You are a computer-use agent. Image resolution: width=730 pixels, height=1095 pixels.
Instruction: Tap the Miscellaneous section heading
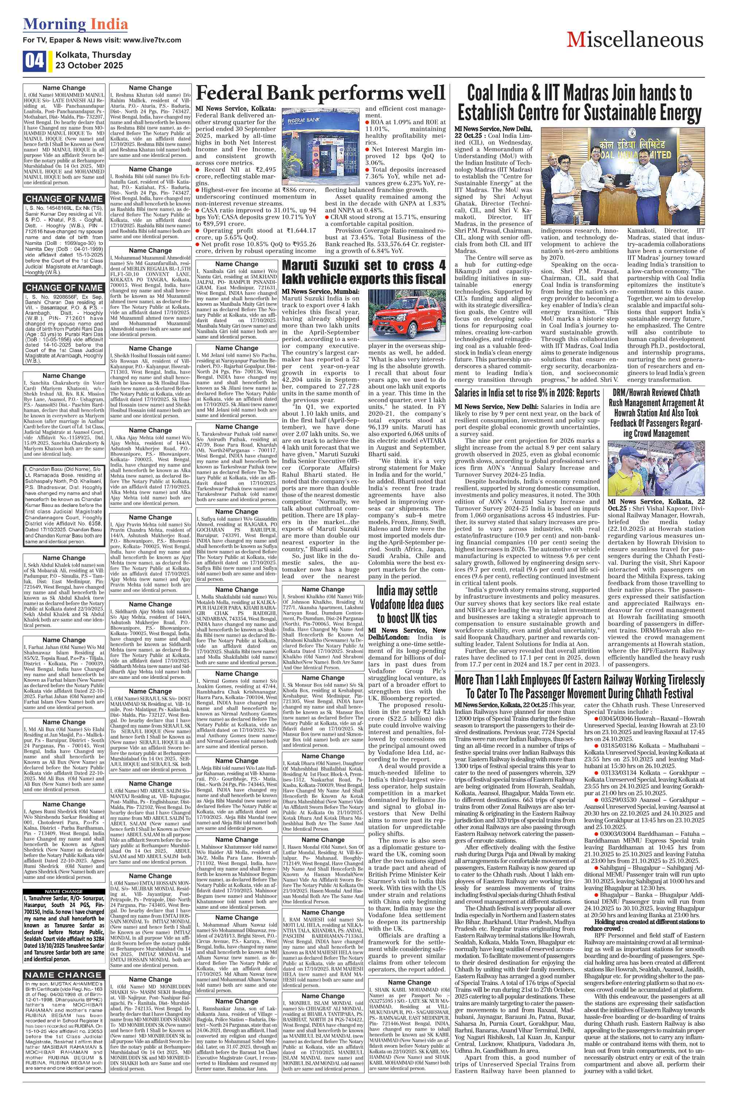[635, 40]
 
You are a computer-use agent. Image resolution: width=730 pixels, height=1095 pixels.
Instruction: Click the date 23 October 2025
[89, 65]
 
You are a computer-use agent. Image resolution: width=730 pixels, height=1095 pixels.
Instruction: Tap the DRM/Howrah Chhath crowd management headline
[656, 413]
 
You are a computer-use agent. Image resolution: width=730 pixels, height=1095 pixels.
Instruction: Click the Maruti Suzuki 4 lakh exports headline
[364, 272]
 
